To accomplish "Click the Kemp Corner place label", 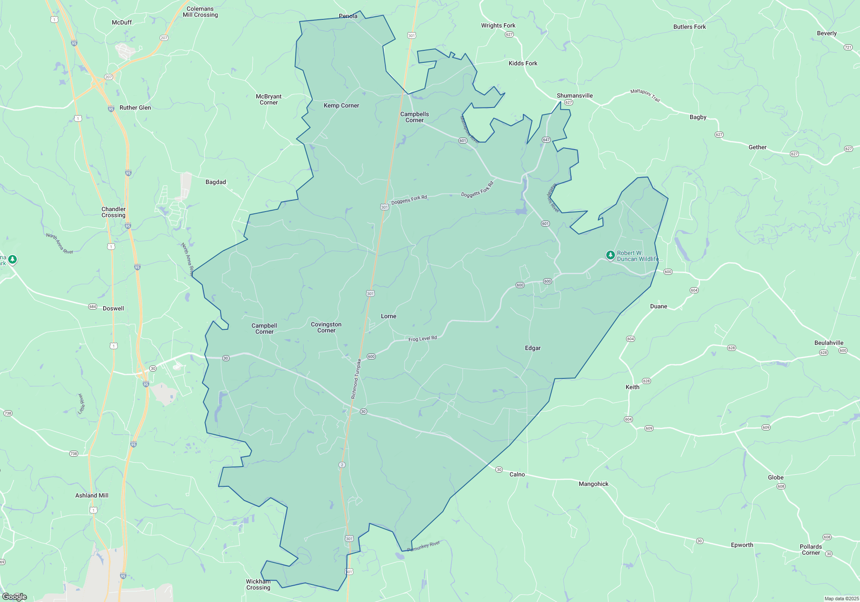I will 341,105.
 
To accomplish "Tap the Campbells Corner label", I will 415,117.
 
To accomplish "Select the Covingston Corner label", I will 326,327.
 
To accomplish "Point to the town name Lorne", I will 388,316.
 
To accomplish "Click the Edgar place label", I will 532,348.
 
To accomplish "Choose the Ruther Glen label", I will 135,107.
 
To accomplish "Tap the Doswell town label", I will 113,308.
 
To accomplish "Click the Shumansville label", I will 574,95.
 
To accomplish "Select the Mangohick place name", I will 593,484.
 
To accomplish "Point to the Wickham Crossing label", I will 258,584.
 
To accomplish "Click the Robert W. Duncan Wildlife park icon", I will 610,255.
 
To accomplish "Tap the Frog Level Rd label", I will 422,339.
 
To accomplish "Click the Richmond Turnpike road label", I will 356,379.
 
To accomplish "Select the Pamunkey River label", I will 424,546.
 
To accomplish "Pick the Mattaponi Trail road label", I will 645,95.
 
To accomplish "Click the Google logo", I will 14,597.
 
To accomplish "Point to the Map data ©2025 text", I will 841,599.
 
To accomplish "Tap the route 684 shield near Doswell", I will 92,307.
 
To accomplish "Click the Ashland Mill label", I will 92,495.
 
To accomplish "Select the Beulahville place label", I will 829,343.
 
